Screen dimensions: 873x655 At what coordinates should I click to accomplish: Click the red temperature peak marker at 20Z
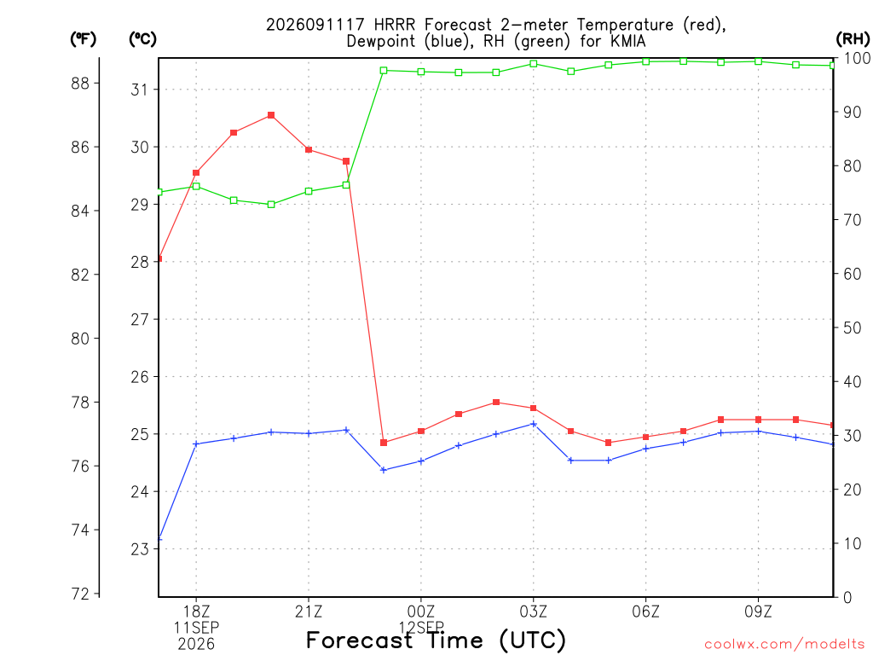271,115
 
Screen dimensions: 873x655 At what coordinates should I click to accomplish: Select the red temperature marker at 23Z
384,443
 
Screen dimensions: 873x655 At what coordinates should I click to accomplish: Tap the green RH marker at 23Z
384,71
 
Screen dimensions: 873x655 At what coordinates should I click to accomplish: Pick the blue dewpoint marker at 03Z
534,424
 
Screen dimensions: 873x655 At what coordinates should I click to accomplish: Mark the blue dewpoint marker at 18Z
196,443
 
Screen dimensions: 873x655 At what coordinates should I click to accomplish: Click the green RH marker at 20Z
271,205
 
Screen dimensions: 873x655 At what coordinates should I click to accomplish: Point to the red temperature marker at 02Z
496,403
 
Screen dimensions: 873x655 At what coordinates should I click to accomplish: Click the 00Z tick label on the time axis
421,612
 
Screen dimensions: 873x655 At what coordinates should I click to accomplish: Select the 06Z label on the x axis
646,612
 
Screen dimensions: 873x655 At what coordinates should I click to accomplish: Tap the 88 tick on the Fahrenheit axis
80,83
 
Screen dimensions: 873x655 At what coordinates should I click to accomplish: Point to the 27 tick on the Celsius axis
140,319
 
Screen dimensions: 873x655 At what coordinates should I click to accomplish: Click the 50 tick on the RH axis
849,327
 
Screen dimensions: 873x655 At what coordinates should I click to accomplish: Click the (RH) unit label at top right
853,38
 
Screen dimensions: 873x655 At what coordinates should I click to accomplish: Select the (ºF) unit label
83,39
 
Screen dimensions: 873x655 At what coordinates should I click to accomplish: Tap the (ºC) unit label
142,39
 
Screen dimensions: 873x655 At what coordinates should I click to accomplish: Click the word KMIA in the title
627,41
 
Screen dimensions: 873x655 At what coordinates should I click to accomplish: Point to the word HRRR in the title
395,25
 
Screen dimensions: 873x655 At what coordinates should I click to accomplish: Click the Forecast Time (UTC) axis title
436,640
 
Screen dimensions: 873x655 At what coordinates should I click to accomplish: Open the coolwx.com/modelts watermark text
784,644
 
